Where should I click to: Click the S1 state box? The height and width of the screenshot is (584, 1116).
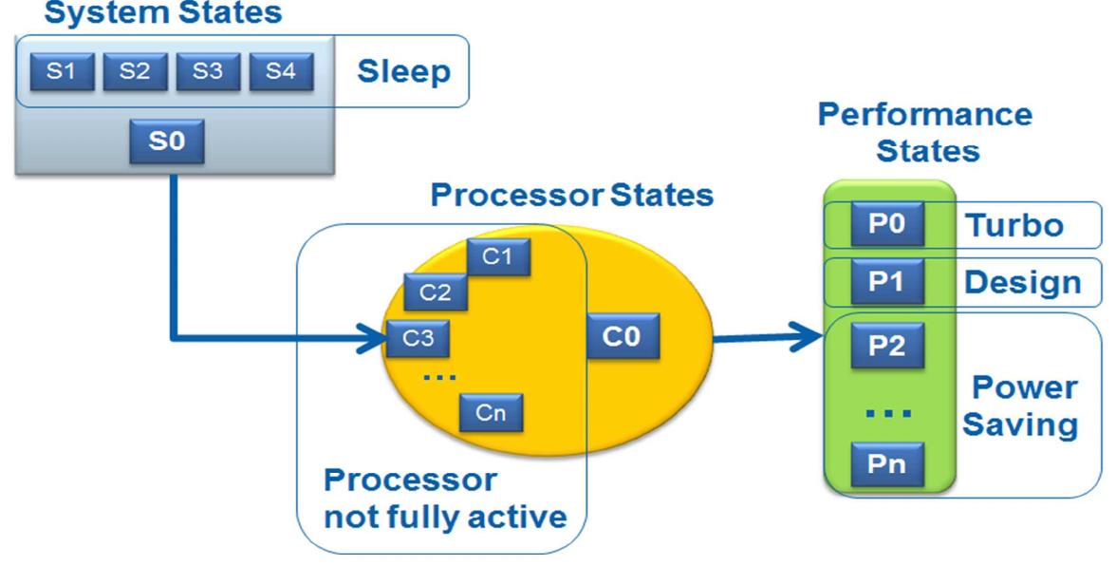[x=59, y=72]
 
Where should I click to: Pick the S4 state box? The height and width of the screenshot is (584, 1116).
[x=279, y=72]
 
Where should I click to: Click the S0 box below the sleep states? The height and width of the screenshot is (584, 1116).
[x=163, y=143]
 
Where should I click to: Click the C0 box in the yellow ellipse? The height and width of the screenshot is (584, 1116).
[x=622, y=339]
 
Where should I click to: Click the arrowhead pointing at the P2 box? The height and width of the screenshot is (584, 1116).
[x=809, y=336]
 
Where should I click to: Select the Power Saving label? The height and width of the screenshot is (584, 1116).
[x=1021, y=406]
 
